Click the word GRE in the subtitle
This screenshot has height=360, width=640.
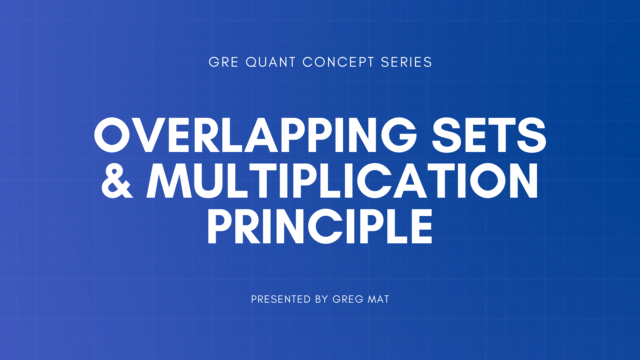pos(223,62)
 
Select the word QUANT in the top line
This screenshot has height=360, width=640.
pos(270,62)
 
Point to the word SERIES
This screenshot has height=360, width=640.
pos(406,62)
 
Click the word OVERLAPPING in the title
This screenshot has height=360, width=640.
pos(255,135)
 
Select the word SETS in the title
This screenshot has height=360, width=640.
pos(489,135)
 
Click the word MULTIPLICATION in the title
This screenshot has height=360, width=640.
pos(342,181)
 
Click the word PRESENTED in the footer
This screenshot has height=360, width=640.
pos(281,299)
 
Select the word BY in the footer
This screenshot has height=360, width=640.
pos(321,299)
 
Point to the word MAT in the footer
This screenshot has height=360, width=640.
pos(378,299)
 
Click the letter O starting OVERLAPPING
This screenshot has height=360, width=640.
pos(112,135)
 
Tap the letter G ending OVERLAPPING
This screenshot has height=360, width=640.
pos(399,135)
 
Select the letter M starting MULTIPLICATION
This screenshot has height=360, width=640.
pos(169,181)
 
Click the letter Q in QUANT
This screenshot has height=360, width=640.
pos(252,62)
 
